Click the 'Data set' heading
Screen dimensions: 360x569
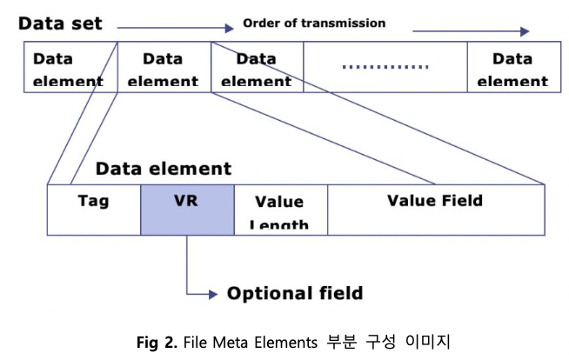(x=60, y=23)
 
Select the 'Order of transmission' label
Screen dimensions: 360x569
(x=313, y=23)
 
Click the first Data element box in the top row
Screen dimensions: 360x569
(x=67, y=70)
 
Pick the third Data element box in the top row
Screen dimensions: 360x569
(x=257, y=70)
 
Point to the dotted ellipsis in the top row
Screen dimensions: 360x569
(x=385, y=66)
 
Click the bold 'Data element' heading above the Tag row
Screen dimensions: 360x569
(x=164, y=168)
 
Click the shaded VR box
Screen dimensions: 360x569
(x=187, y=209)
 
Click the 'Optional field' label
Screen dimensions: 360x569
(x=294, y=293)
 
